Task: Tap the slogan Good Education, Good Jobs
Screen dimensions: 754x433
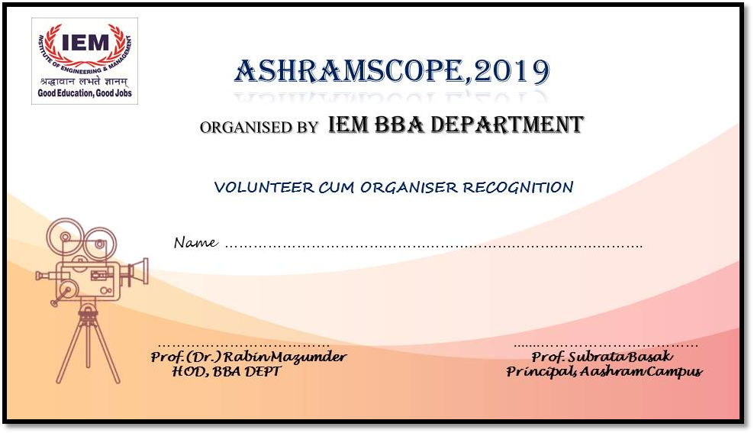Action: point(85,93)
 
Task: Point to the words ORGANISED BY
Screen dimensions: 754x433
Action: point(259,127)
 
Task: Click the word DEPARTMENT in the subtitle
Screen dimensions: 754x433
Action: point(507,124)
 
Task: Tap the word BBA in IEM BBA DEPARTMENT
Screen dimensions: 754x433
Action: point(398,124)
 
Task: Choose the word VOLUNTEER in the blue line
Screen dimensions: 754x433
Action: point(264,187)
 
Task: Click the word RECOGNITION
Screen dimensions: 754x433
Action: point(518,187)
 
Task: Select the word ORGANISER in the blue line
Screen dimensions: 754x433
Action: point(409,187)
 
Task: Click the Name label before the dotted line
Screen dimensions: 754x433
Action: point(195,242)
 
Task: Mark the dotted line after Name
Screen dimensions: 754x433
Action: point(433,246)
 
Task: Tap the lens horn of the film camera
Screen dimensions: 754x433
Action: point(140,271)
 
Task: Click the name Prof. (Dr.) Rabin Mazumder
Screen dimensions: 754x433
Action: point(249,357)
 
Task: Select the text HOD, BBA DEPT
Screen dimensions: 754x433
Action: point(227,371)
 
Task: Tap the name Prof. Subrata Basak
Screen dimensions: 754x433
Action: point(602,357)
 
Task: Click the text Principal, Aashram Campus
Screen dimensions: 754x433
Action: point(604,371)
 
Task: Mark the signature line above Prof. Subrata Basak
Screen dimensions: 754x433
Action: point(605,345)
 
